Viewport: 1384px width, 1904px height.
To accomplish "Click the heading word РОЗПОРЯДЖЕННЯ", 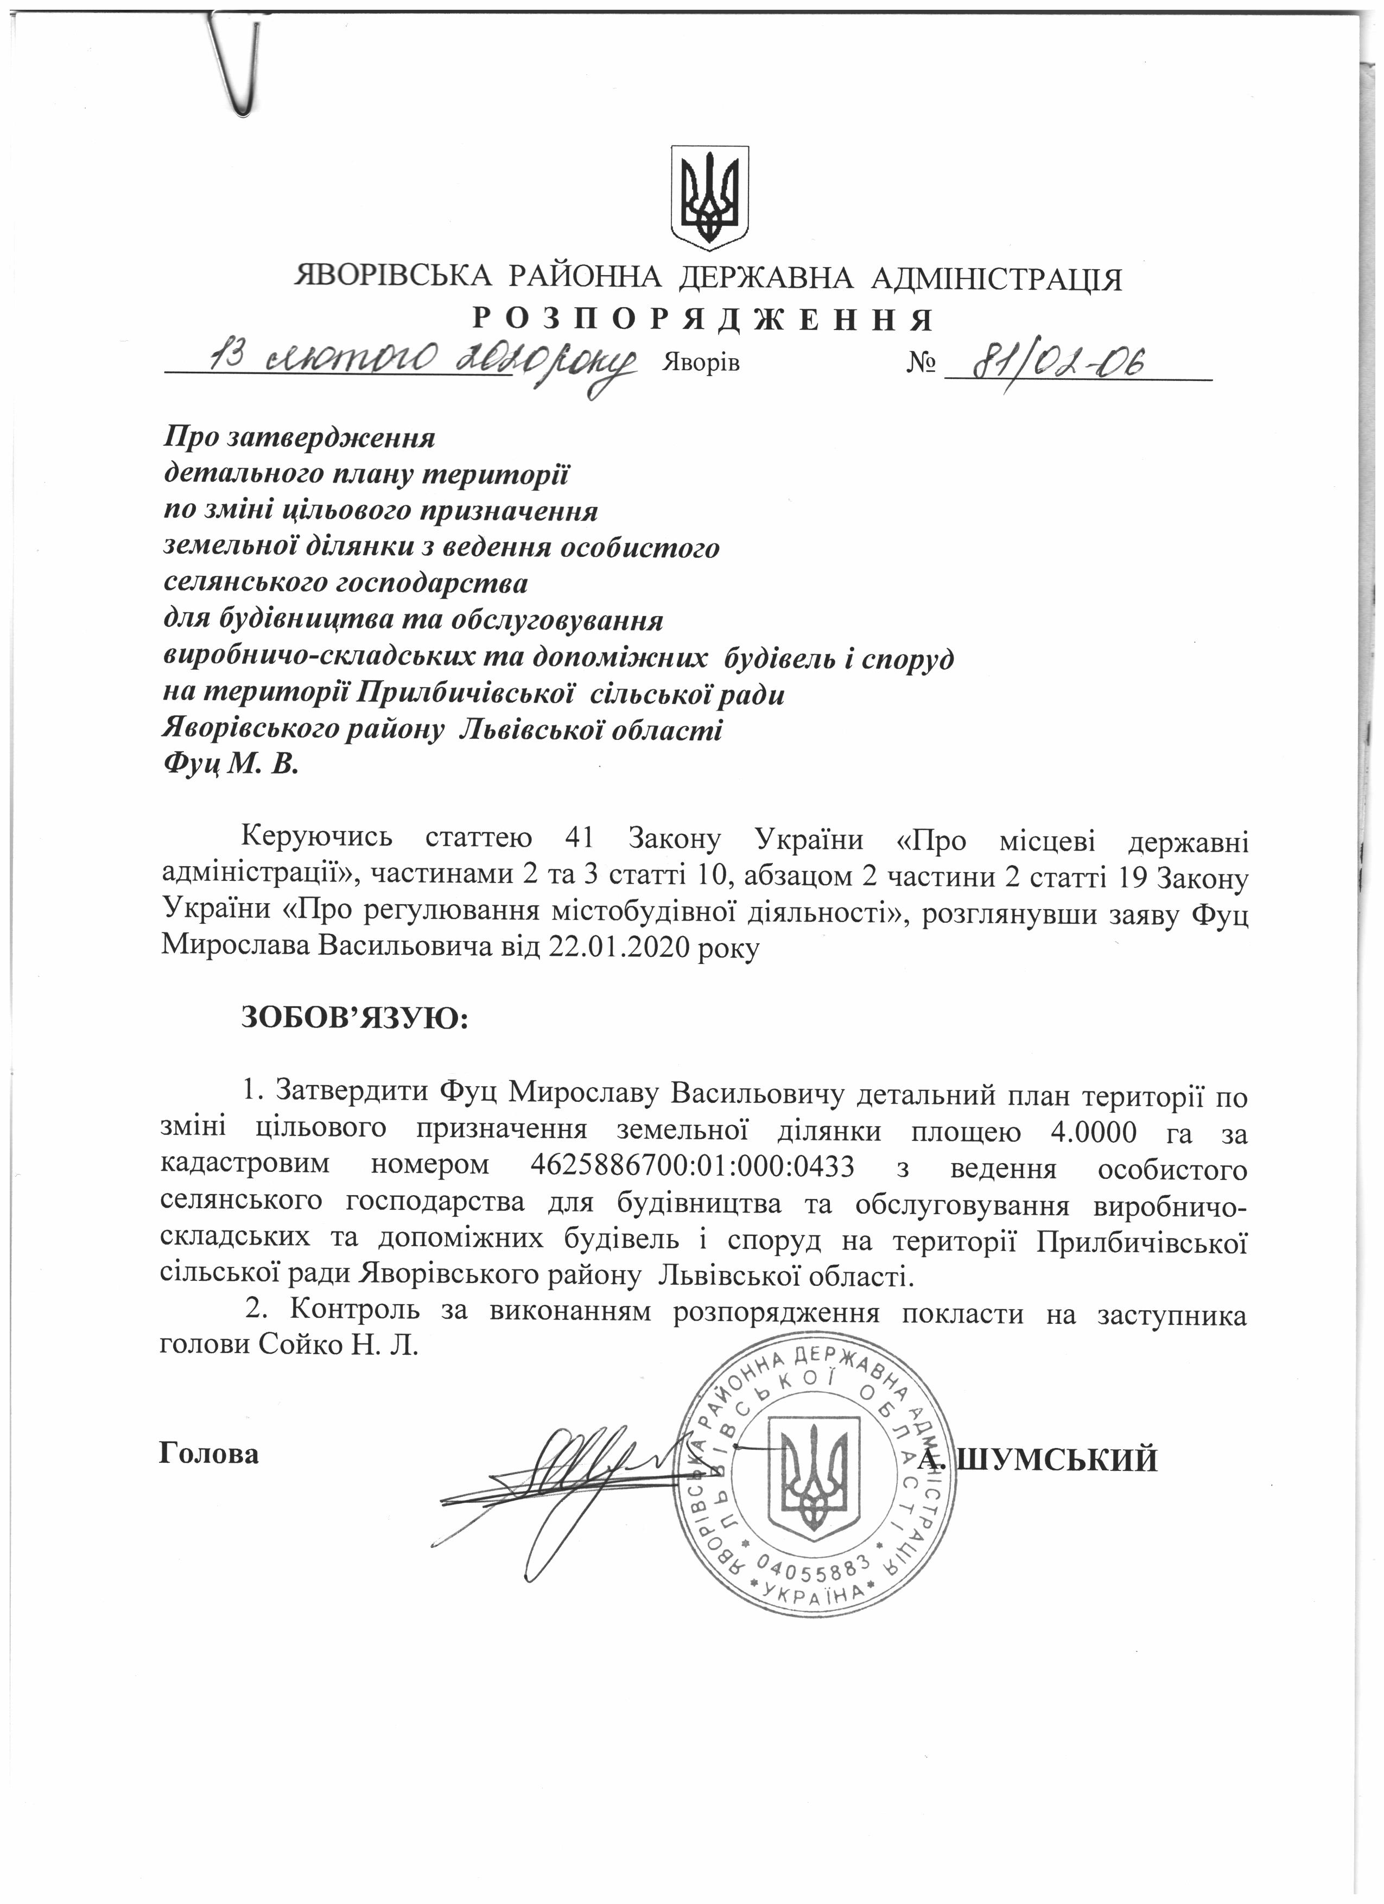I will pyautogui.click(x=703, y=320).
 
